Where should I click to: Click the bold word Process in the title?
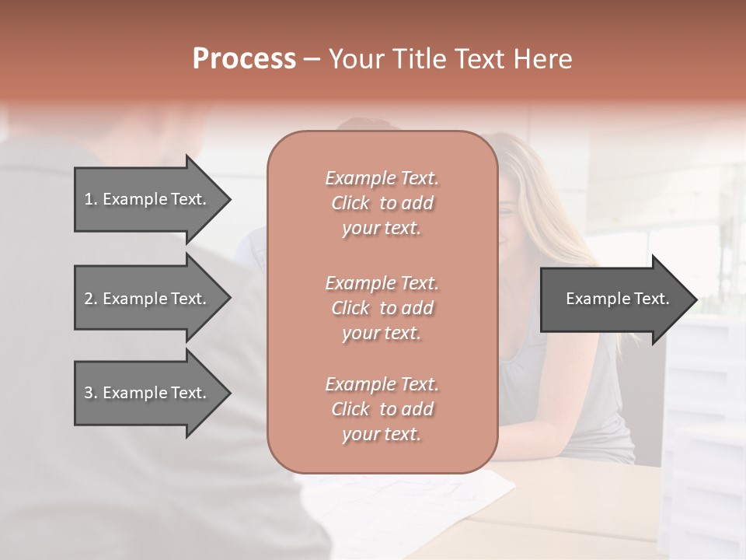pos(244,58)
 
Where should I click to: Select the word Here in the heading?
pos(543,58)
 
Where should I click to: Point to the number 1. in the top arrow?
pos(91,199)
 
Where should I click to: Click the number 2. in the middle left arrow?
pos(91,299)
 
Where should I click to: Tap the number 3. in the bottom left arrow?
pos(91,393)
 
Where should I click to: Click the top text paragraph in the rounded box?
pos(382,203)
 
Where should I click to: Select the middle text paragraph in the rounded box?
pos(382,308)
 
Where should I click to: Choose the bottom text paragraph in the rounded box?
pos(382,409)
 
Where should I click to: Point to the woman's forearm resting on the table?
pos(559,447)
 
